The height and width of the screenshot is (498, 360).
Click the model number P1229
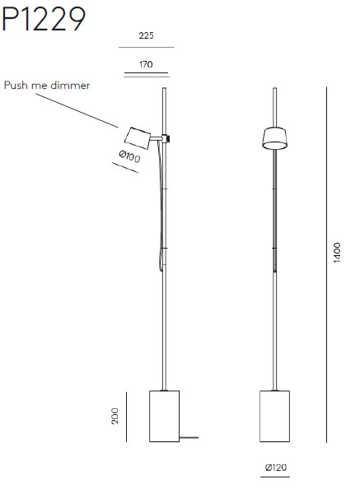44,20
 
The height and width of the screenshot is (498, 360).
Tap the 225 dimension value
146,35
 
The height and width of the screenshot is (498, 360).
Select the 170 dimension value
146,64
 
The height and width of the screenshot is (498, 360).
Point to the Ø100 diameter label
129,156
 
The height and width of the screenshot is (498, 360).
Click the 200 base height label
115,416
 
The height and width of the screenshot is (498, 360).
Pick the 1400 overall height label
337,253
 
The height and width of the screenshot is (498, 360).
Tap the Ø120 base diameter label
276,468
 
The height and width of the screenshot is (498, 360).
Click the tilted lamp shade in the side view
138,137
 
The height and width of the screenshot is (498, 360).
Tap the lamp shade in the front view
275,137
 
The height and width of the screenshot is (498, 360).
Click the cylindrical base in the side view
164,416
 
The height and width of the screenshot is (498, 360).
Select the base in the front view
274,416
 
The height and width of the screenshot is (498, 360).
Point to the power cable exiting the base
189,438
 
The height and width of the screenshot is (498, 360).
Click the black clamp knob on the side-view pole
168,138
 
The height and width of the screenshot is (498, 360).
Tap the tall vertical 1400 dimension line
326,264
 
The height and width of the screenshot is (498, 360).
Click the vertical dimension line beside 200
127,417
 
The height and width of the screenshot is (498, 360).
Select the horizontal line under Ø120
275,477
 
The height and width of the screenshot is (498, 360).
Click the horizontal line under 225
147,47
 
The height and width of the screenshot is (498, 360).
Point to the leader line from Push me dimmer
77,110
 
